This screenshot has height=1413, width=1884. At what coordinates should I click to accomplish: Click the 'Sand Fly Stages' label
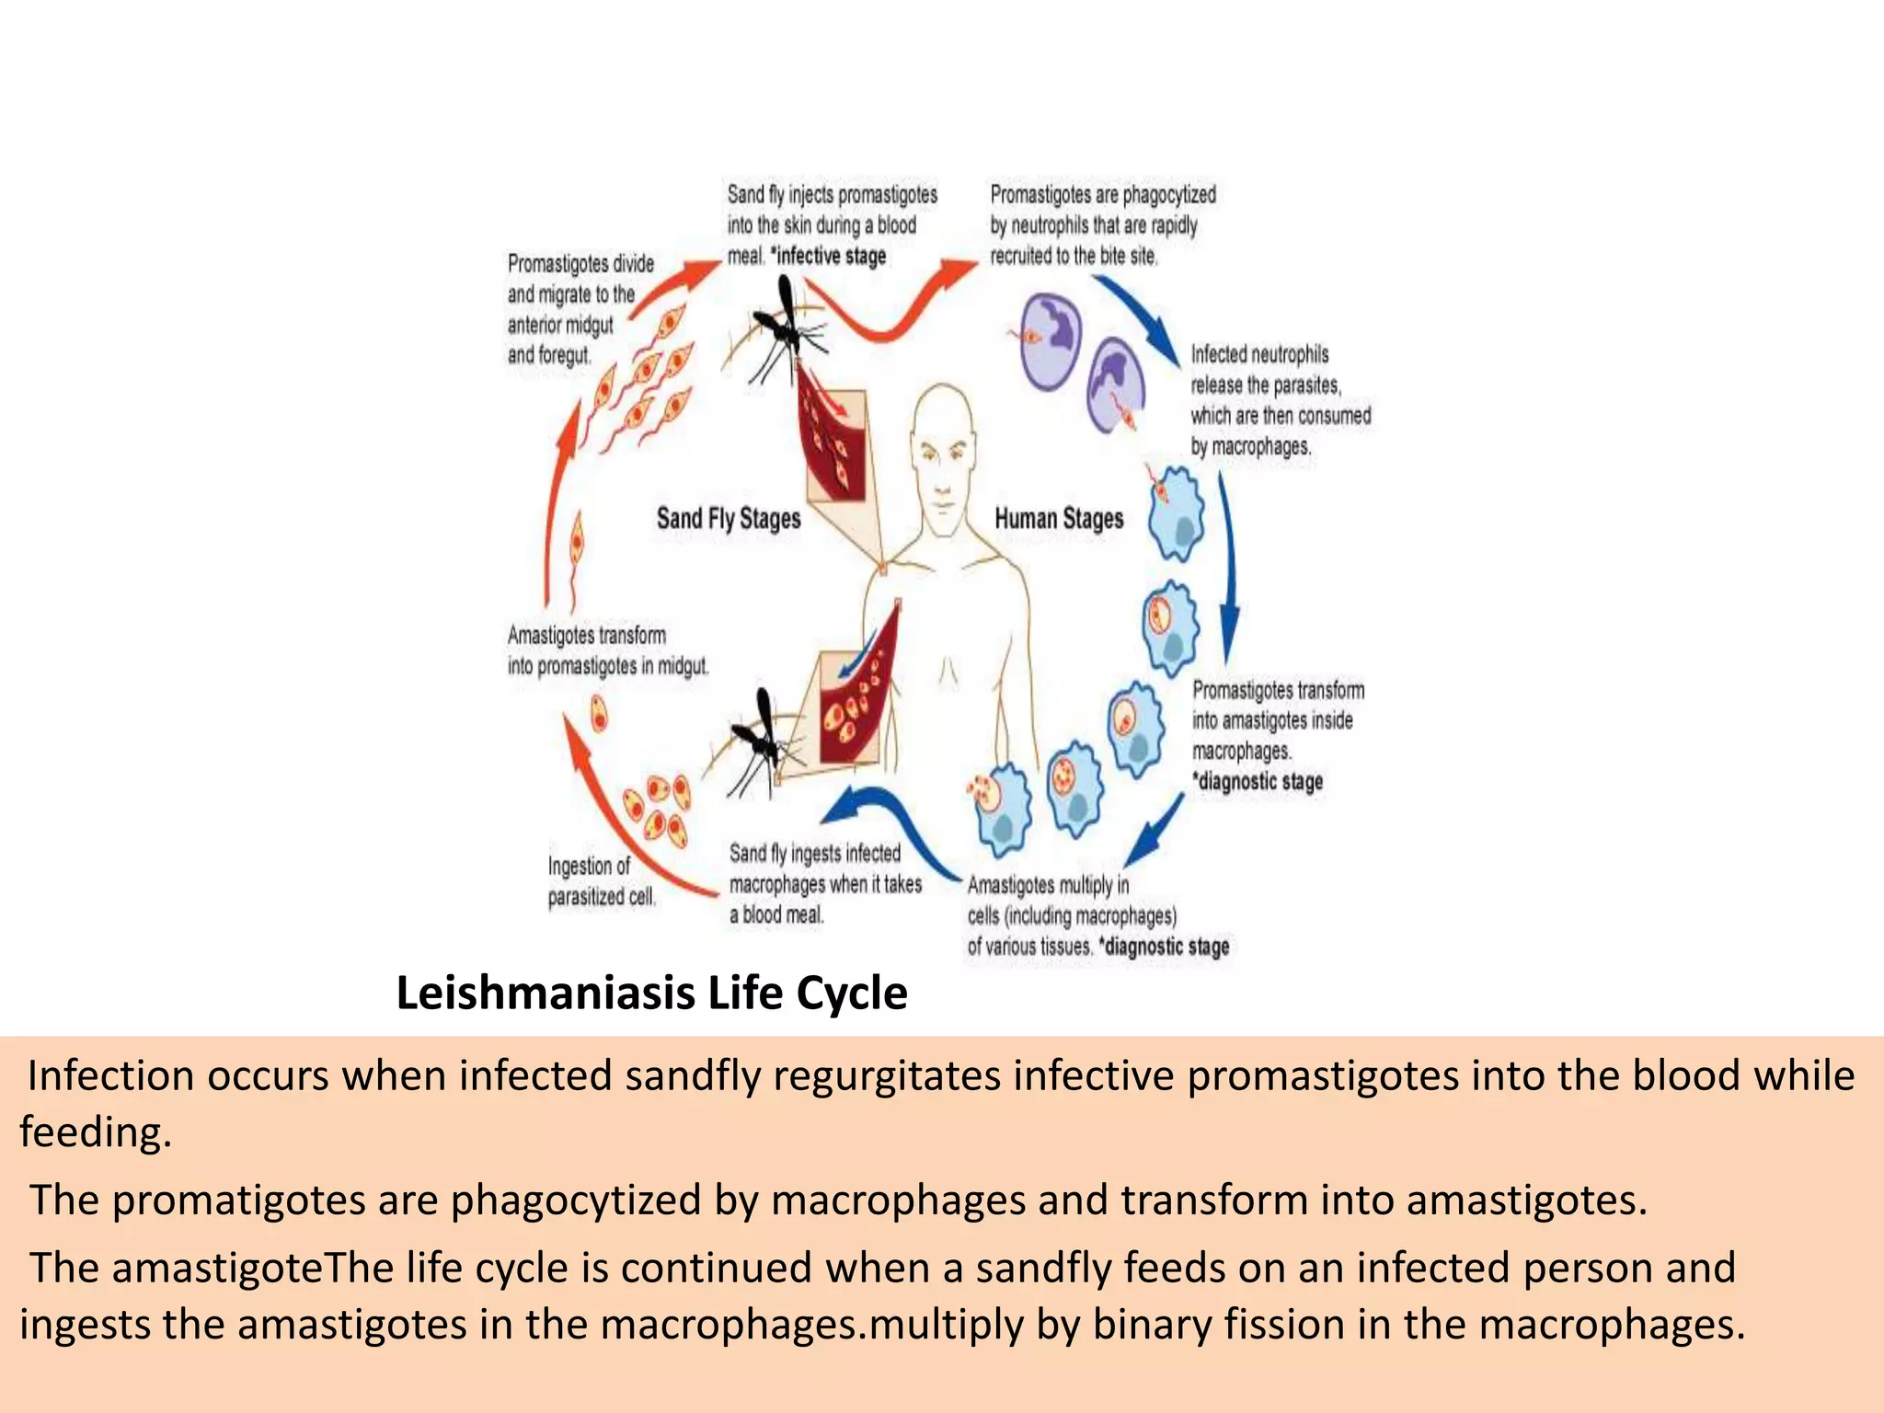[728, 519]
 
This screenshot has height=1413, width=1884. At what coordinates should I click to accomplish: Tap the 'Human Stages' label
[1059, 519]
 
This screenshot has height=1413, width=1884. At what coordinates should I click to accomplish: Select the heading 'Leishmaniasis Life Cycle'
[651, 994]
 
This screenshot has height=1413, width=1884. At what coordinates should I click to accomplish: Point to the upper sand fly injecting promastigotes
[781, 331]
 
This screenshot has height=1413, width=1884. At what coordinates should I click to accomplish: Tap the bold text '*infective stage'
[831, 257]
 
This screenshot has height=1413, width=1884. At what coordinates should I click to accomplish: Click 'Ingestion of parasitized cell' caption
[602, 880]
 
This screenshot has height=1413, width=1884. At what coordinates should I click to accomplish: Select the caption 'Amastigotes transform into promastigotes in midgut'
[608, 650]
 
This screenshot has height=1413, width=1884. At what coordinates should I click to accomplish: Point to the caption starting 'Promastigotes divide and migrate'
[580, 309]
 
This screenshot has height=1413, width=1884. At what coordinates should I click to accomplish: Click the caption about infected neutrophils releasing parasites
[1280, 400]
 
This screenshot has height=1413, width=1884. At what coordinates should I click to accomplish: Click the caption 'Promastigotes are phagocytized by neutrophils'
[1102, 225]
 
